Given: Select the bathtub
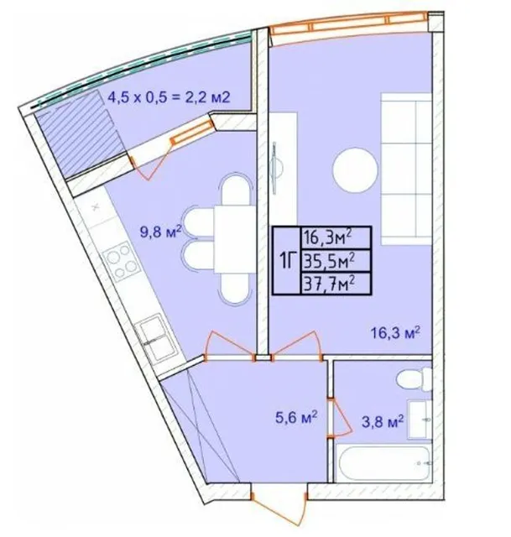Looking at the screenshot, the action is click(384, 464).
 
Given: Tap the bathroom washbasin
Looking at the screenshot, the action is click(419, 420).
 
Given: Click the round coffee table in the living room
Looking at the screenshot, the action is click(355, 169).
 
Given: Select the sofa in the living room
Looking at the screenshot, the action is click(406, 169).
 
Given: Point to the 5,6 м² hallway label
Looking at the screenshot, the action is click(296, 418).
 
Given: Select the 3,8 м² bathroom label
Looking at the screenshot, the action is click(383, 422).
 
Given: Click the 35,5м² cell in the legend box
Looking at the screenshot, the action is click(336, 261).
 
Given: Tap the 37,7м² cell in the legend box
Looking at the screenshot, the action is click(336, 284).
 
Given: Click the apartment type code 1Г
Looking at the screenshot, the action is click(287, 261).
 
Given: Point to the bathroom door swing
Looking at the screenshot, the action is click(340, 418).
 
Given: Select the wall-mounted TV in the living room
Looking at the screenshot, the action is click(274, 168).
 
